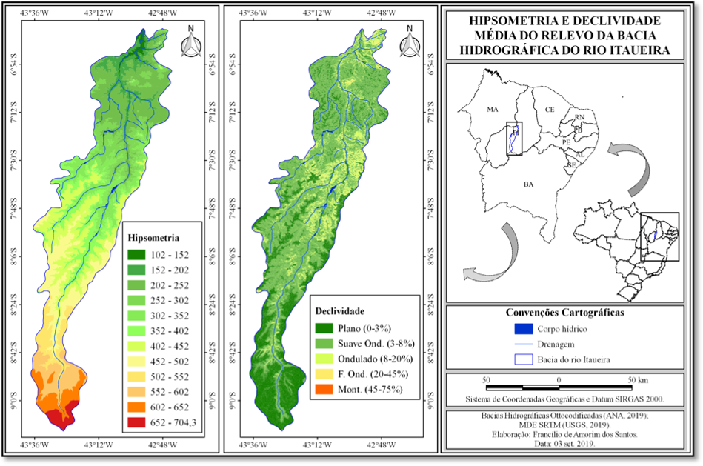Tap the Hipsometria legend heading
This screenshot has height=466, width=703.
[x=153, y=238]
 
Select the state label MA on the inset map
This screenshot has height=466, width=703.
[x=493, y=109]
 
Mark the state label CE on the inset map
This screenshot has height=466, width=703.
[x=549, y=109]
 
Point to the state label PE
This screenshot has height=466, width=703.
[x=566, y=141]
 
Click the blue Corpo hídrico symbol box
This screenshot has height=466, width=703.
[x=524, y=327]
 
